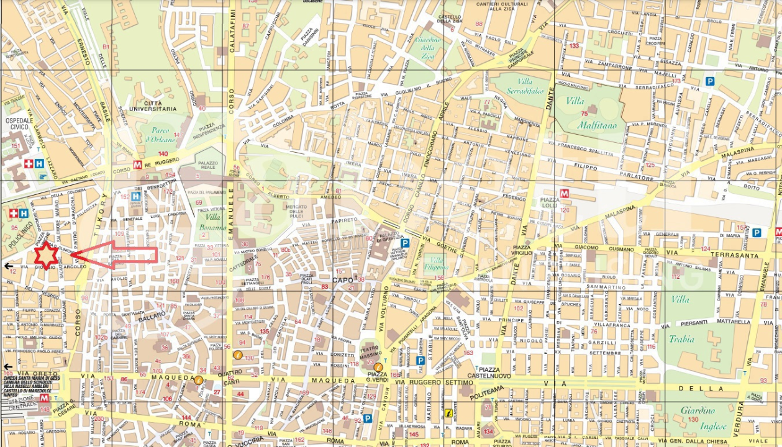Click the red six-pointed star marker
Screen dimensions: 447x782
click(46, 255)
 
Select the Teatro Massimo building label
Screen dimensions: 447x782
click(371, 351)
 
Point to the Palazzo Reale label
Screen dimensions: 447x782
click(209, 166)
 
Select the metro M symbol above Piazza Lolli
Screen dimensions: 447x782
click(564, 193)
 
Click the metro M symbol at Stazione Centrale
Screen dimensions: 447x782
click(44, 398)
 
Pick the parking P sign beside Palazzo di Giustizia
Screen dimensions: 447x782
click(405, 243)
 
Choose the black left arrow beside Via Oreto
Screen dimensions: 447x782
click(7, 367)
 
